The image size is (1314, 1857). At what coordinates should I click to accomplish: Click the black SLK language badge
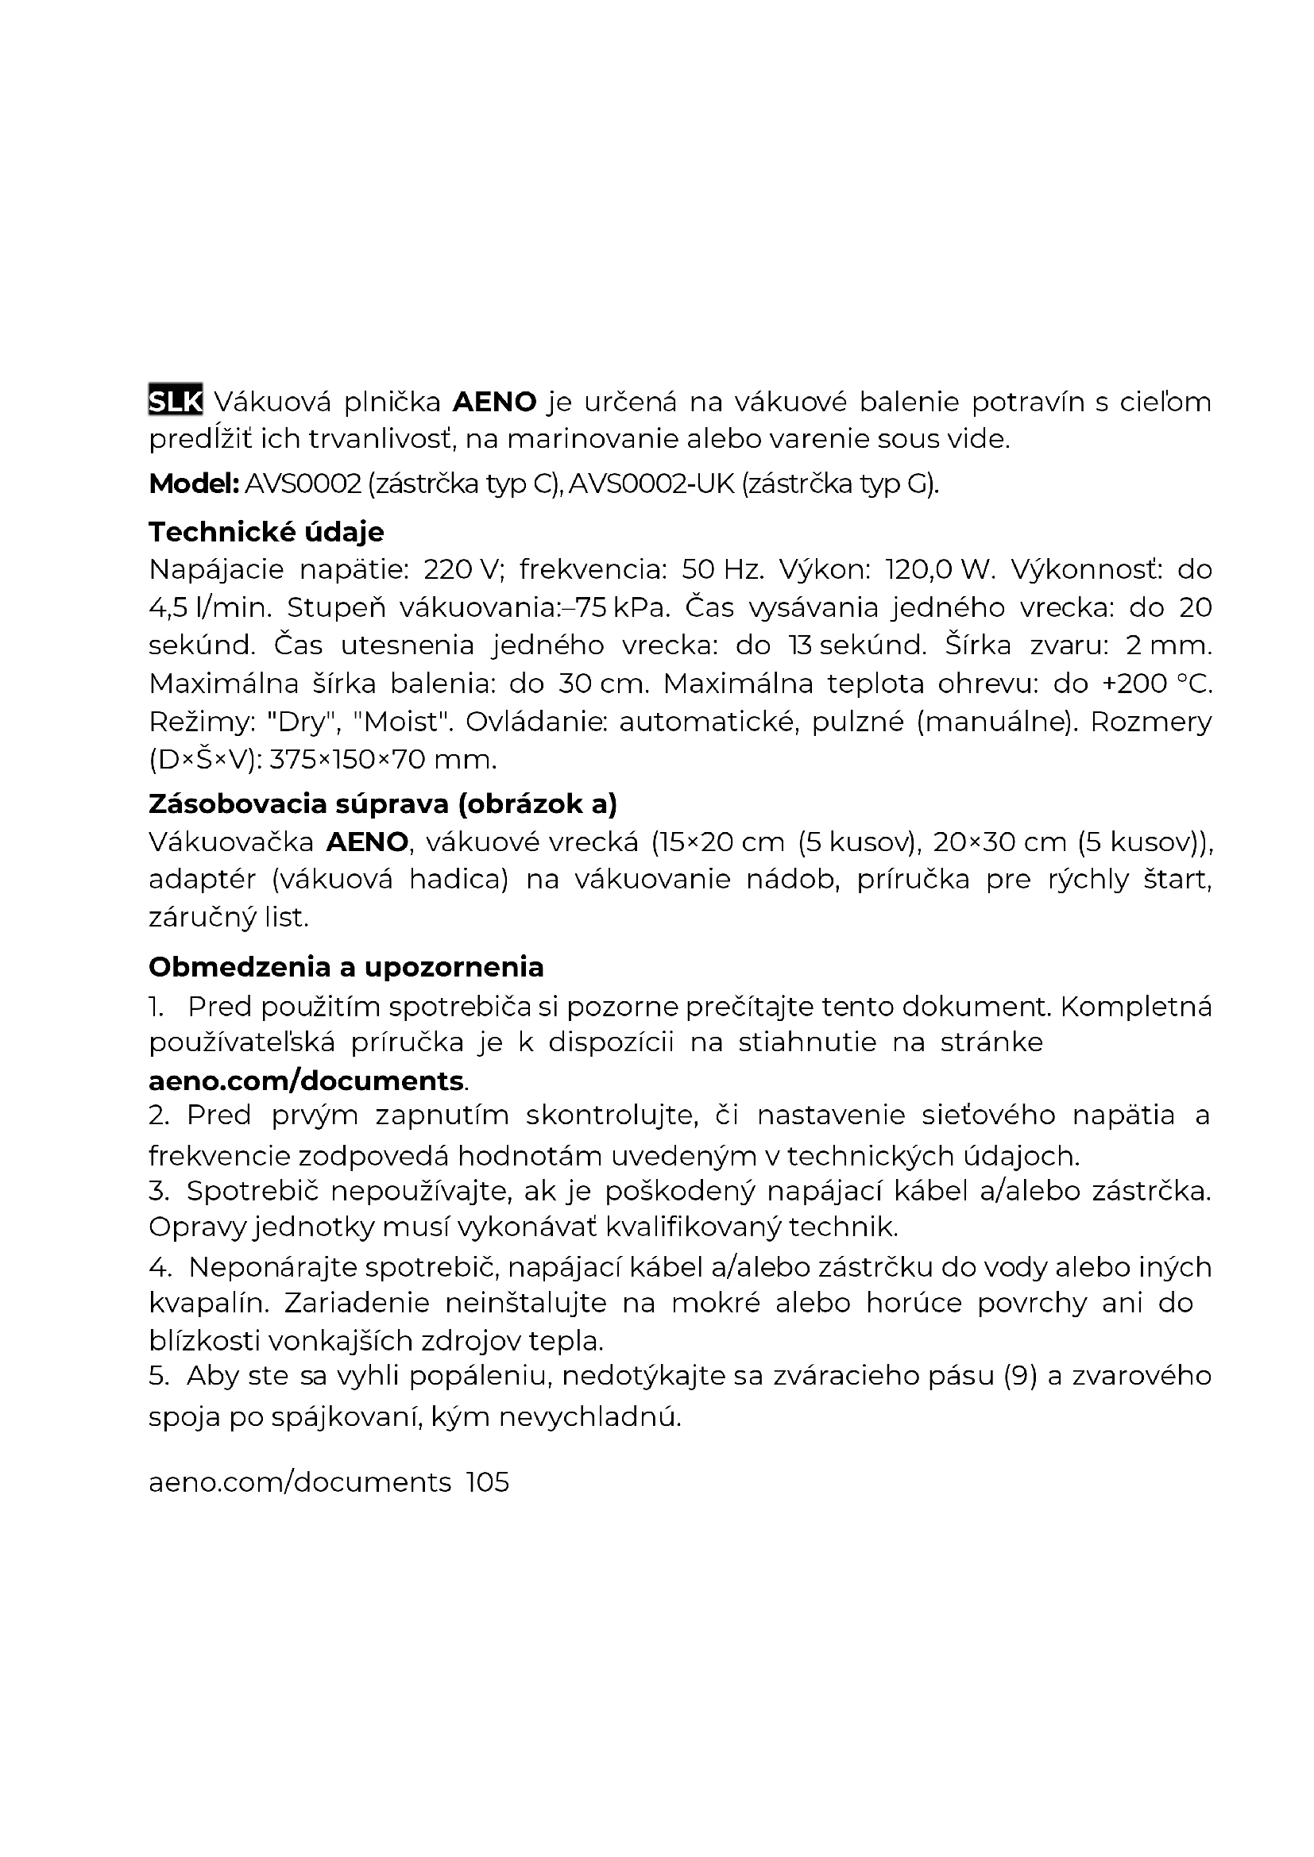point(175,400)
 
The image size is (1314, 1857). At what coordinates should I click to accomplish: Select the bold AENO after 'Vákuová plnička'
point(493,401)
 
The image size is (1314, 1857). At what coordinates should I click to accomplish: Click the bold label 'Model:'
point(193,484)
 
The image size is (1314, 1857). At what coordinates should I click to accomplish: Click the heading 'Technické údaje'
point(266,531)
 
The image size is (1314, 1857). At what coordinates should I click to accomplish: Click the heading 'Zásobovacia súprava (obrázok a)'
point(383,803)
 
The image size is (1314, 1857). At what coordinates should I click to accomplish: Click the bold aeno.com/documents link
point(306,1081)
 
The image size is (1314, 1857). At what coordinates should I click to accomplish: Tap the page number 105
point(488,1481)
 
